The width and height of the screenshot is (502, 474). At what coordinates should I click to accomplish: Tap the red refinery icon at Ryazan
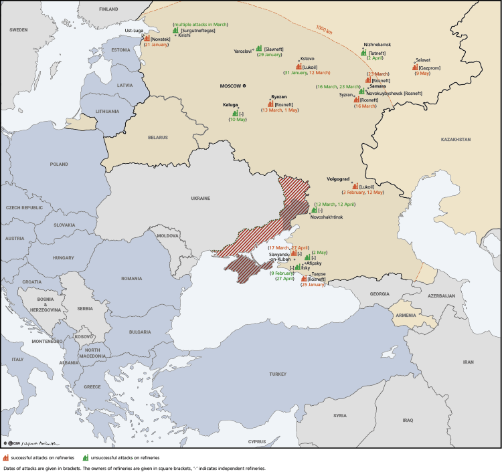[x=270, y=104]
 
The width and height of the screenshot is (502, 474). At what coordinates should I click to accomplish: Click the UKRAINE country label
[x=201, y=199]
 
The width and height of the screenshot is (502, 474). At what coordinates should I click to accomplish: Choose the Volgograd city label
[x=339, y=179]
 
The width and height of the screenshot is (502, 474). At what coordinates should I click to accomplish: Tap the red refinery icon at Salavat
[x=416, y=67]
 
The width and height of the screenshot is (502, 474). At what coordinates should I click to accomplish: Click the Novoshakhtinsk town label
[x=327, y=217]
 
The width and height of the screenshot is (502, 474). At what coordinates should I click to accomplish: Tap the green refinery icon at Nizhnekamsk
[x=363, y=51]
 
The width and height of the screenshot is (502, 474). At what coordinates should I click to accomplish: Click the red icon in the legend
[x=6, y=457]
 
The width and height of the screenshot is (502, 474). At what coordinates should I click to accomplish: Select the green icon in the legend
[x=86, y=457]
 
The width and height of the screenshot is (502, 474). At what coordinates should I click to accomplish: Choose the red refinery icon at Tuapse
[x=304, y=279]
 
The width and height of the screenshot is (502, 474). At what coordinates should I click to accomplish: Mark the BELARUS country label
[x=159, y=137]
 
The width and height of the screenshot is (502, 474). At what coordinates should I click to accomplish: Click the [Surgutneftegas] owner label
[x=198, y=31]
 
